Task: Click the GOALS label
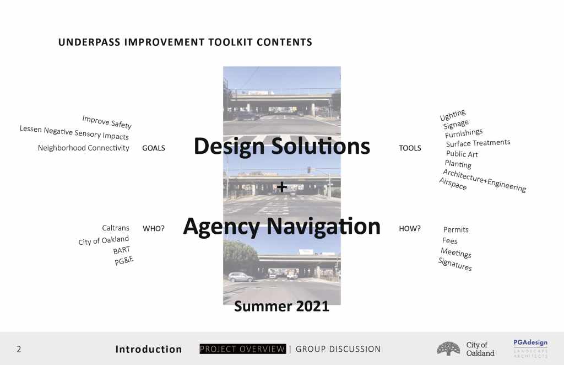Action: [154, 148]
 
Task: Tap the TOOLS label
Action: [410, 148]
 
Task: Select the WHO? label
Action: [154, 229]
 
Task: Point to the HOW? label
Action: [410, 229]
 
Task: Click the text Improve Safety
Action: [107, 122]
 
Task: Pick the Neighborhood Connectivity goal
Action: [84, 148]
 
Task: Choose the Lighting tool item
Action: [453, 115]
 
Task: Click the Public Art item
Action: [462, 154]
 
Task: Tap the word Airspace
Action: [453, 184]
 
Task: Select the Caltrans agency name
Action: [116, 228]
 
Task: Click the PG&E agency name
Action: [124, 260]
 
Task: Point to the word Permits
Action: [455, 230]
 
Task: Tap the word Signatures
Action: [455, 265]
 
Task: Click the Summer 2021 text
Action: [281, 307]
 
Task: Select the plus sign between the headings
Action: [282, 186]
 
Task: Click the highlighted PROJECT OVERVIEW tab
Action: [243, 349]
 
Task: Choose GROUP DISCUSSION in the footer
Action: [338, 349]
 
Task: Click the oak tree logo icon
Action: [448, 349]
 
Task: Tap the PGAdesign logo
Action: [530, 348]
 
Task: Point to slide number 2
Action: [19, 349]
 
